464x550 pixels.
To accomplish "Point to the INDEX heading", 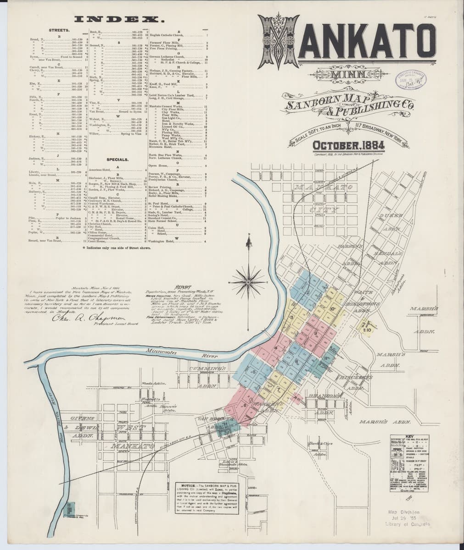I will point(123,20).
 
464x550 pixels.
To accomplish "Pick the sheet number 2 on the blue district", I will point(308,292).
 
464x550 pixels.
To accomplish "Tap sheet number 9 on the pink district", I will point(316,332).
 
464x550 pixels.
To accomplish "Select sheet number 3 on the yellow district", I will point(291,317).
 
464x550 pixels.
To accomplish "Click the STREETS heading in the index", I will point(60,30).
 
